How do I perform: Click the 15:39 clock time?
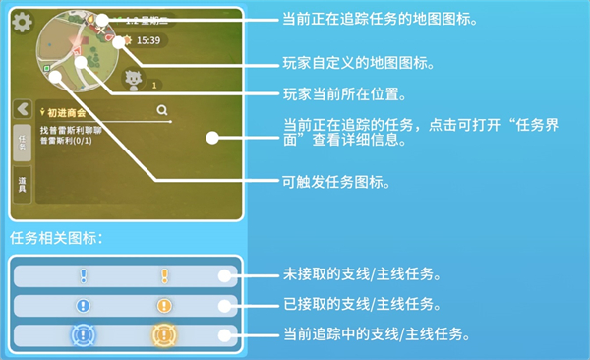[147, 40]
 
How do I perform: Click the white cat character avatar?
[132, 79]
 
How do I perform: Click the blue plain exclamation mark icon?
[84, 276]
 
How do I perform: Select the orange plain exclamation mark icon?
[164, 276]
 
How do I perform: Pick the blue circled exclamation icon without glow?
[84, 306]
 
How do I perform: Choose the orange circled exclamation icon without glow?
[164, 306]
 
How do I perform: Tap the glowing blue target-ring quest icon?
[84, 335]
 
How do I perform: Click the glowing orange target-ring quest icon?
[164, 335]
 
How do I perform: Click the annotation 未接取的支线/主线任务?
[368, 272]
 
